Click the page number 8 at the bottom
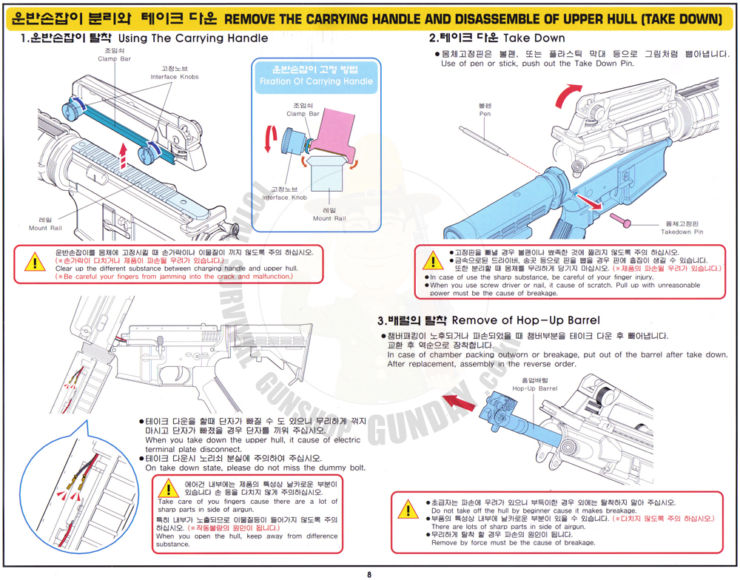click(x=369, y=573)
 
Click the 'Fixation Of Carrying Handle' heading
click(x=315, y=81)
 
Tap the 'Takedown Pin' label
click(x=682, y=232)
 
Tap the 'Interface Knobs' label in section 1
click(x=175, y=77)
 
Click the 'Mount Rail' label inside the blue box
click(x=329, y=218)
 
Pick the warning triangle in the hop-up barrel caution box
click(x=408, y=510)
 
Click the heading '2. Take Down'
click(x=497, y=38)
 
